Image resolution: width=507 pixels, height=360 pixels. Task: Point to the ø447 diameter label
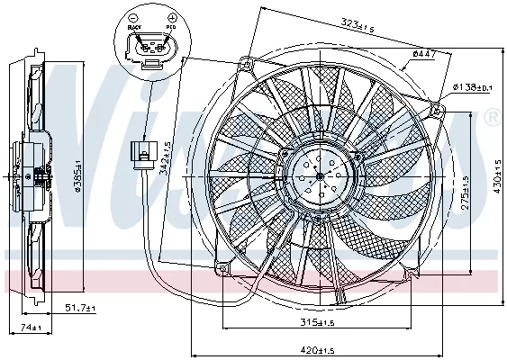[424, 55]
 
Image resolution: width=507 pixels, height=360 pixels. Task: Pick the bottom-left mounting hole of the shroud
[223, 265]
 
